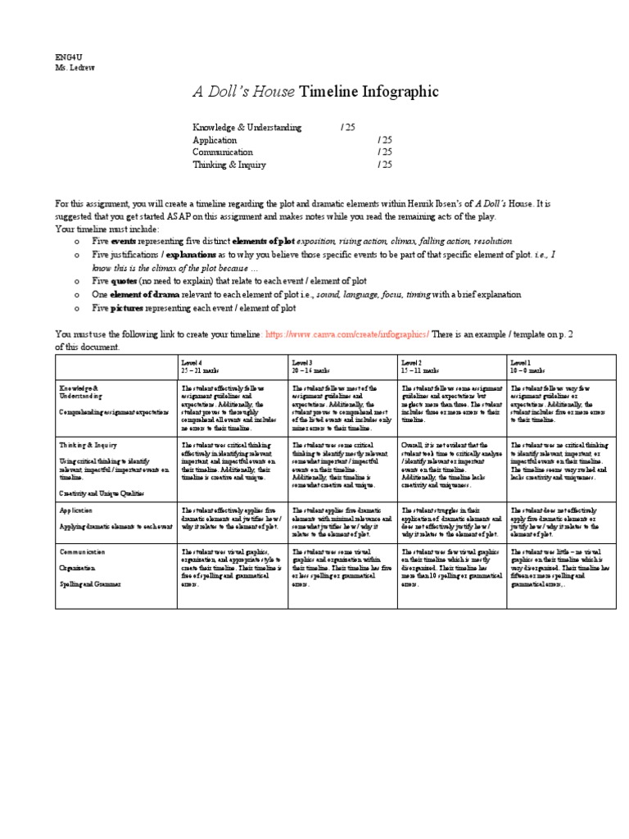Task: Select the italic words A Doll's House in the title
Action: click(243, 92)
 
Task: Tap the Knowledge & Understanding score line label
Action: click(247, 128)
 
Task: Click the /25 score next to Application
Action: click(385, 140)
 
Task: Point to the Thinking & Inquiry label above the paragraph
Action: click(229, 164)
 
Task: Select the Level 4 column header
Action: click(197, 365)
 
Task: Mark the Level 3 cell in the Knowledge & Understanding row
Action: click(342, 406)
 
